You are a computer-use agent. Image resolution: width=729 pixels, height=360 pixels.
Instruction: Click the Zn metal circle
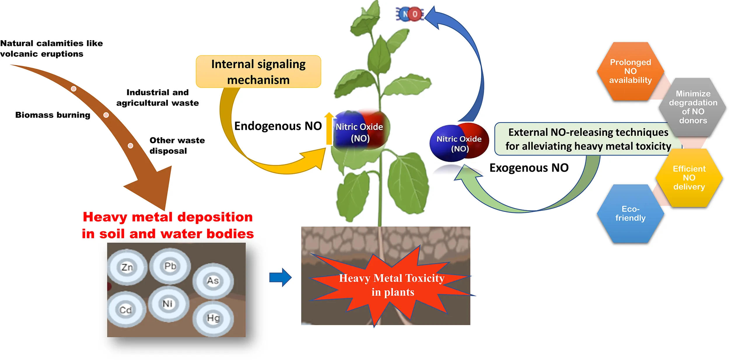pos(127,267)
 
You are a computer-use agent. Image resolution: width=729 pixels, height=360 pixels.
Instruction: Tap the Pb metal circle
pos(170,266)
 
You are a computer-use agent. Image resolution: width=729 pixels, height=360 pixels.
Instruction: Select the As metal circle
pos(213,281)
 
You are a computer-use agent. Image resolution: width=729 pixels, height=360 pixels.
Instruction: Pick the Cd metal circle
pos(126,310)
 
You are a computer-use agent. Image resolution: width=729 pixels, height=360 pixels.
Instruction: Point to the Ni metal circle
pos(168,304)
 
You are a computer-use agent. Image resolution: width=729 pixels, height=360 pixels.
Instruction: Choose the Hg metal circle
pos(213,318)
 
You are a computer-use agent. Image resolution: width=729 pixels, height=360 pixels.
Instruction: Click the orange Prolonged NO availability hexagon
pos(630,71)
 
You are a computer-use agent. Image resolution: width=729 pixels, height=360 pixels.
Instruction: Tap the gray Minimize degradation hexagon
pos(693,107)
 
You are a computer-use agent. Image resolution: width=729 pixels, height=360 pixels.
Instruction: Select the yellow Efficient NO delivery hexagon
pos(689,178)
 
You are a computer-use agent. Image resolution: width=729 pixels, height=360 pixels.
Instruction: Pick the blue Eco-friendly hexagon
pos(630,213)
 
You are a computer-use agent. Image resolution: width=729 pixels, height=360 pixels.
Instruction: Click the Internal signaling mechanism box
pos(258,72)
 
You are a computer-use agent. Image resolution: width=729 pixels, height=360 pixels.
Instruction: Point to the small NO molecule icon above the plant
pos(410,14)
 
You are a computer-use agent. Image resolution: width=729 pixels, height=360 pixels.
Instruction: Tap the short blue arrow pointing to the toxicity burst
pos(280,277)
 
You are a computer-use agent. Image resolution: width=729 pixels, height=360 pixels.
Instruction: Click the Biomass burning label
pos(53,115)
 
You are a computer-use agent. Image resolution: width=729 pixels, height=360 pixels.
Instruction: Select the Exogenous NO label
pos(529,168)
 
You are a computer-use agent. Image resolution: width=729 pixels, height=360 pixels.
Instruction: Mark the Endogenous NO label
pos(278,126)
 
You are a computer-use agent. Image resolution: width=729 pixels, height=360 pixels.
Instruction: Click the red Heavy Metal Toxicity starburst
pos(391,286)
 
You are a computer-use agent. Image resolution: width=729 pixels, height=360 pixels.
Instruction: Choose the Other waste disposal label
pos(177,145)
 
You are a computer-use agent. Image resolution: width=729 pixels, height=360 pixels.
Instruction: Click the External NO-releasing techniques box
pos(588,139)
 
